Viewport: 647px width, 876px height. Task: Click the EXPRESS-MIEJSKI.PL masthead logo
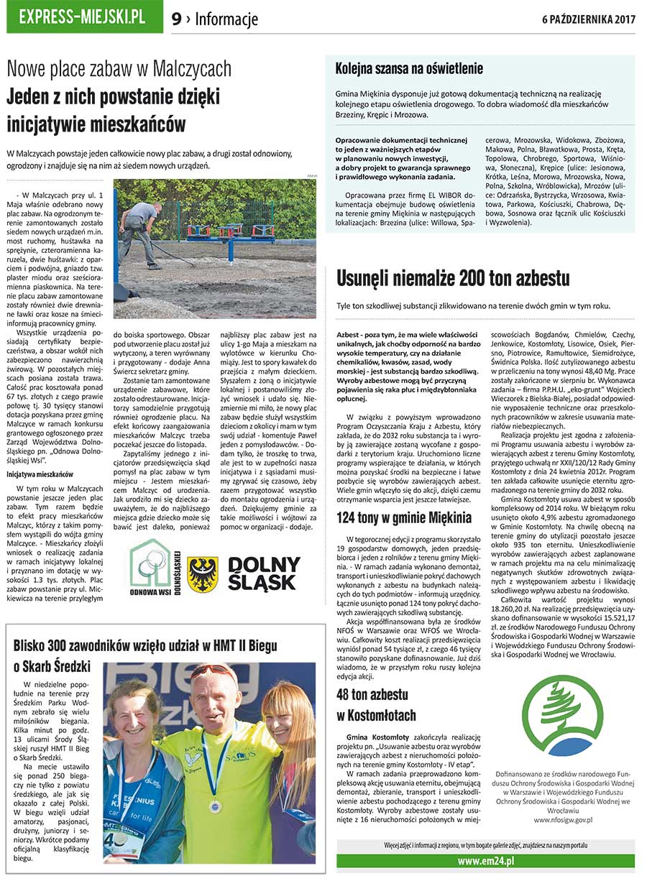click(82, 17)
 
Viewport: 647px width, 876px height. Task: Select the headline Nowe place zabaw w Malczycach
click(119, 70)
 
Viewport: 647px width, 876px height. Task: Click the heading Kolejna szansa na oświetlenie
click(409, 69)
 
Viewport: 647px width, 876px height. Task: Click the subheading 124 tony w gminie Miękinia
click(404, 517)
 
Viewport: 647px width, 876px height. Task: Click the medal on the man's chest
click(213, 807)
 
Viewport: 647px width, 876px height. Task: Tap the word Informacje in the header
click(226, 19)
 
